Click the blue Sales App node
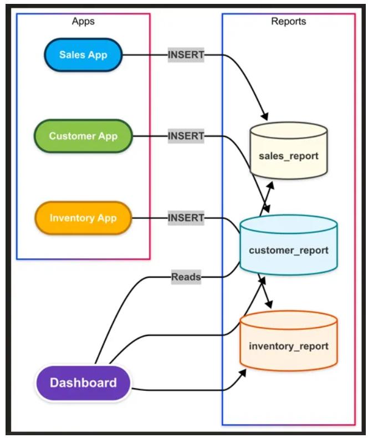pos(83,55)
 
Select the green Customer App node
pos(83,136)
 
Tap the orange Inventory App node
pos(83,218)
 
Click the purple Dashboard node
pos(83,383)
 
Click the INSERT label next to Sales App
pos(186,55)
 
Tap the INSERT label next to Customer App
pos(186,136)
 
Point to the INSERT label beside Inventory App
pos(186,218)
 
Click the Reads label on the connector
pos(186,277)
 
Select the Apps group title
pos(83,22)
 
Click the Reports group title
pos(288,22)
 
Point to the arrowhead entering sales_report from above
pos(265,118)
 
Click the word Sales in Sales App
pos(71,55)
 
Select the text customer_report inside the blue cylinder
pos(288,250)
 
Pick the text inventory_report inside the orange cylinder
pos(288,346)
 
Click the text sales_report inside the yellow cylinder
pos(288,156)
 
